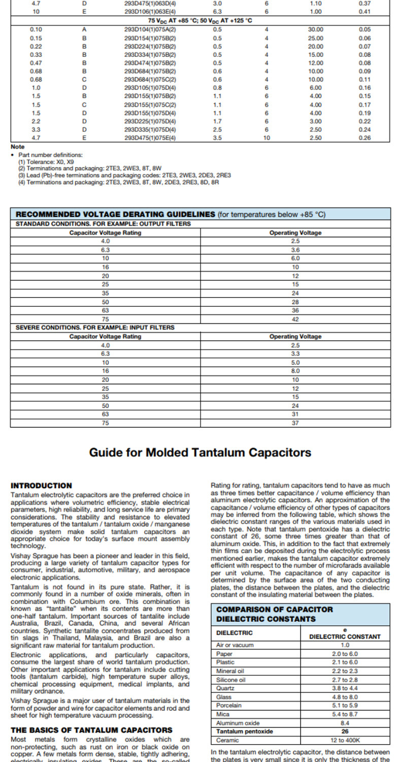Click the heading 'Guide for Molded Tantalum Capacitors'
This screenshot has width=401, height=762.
(x=200, y=452)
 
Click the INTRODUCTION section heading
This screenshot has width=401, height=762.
(x=42, y=486)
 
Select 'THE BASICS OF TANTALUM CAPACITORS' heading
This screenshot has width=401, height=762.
(x=91, y=730)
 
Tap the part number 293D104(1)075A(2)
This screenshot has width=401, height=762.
(x=150, y=29)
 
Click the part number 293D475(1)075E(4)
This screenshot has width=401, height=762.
(x=150, y=138)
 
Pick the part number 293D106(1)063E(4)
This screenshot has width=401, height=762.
(x=150, y=11)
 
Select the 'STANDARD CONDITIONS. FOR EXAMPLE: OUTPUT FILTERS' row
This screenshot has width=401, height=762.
(x=104, y=224)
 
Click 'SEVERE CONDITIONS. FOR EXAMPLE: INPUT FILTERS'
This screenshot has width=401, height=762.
(x=95, y=327)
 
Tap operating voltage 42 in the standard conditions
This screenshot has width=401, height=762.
(x=295, y=319)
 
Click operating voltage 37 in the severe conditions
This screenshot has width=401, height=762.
(x=295, y=423)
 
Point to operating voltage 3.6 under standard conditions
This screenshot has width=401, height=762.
(x=295, y=250)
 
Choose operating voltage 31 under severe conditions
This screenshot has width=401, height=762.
(x=295, y=414)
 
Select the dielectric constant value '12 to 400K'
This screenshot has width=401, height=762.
(x=345, y=740)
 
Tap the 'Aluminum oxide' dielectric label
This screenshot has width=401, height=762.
(x=235, y=723)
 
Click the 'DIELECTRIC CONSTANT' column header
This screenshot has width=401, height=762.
(x=345, y=636)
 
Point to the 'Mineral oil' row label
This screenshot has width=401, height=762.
(x=230, y=671)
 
